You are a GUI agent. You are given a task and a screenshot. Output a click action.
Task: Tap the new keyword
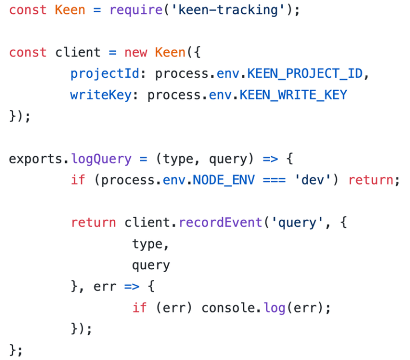[x=136, y=52]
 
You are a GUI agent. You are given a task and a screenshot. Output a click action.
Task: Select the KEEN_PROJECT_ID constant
[x=304, y=74]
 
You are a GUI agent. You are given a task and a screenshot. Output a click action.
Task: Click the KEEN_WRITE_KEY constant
[x=293, y=95]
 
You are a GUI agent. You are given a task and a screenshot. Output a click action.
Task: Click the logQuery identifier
[x=101, y=159]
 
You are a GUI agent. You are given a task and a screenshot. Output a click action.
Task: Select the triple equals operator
[x=277, y=180]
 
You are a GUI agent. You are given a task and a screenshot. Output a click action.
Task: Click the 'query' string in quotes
[x=296, y=222]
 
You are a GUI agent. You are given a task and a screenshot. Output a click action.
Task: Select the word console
[x=228, y=308]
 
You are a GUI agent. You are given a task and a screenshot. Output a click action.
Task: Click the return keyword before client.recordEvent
[x=93, y=222]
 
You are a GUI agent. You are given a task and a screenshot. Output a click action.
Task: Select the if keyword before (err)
[x=140, y=308]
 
